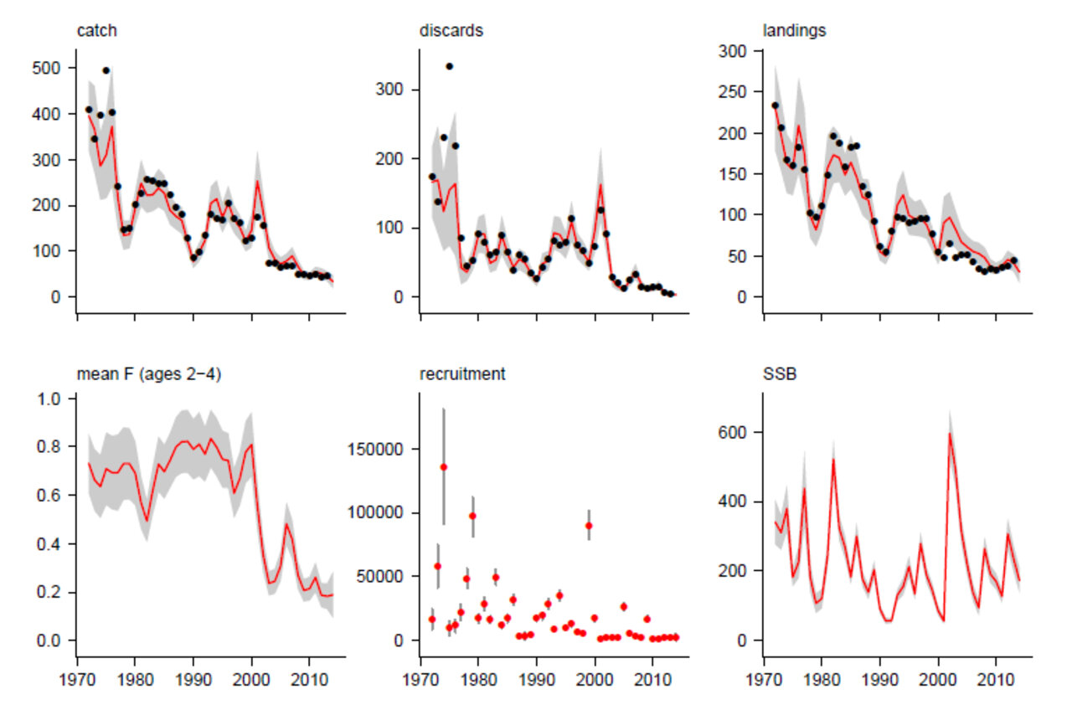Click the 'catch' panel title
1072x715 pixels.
96,31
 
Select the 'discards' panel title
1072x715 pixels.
451,31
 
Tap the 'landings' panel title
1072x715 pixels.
794,31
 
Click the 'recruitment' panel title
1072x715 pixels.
462,374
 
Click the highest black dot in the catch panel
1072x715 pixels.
106,70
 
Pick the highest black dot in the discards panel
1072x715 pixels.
449,66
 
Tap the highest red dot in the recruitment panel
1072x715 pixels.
444,466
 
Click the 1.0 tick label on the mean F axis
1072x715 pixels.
52,399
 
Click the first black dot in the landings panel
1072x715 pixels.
775,105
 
